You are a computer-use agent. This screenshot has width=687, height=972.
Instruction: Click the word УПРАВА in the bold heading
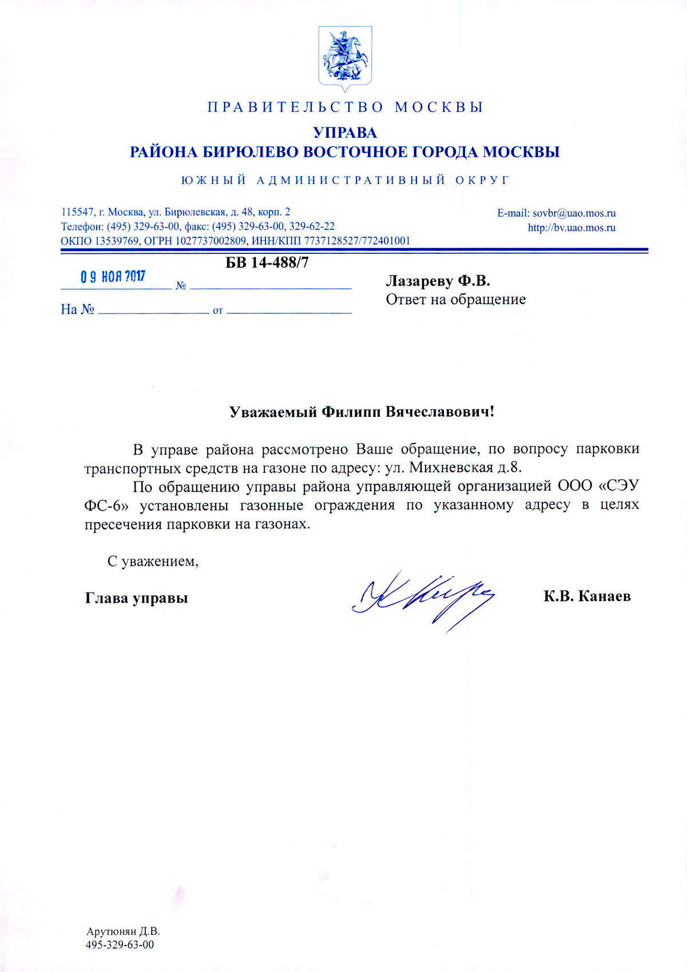point(345,133)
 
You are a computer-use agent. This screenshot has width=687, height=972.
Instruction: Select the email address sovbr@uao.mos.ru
point(574,213)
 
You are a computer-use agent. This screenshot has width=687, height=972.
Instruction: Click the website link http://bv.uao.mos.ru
point(571,228)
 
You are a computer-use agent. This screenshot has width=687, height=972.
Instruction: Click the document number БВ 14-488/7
point(267,263)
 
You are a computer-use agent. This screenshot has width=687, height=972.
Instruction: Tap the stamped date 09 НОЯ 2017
point(113,277)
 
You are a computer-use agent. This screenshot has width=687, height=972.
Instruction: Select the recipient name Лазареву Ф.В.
point(438,281)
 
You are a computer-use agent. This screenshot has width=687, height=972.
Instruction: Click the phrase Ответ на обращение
point(455,299)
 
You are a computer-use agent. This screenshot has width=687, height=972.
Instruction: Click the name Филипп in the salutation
point(351,412)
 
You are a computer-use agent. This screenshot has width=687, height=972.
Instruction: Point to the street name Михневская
point(451,468)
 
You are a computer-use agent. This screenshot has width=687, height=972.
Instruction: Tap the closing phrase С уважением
point(153,561)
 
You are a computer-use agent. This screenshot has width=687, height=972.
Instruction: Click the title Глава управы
point(136,598)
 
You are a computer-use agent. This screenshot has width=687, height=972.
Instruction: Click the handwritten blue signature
point(423,597)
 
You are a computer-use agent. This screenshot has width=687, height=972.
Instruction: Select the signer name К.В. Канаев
point(587,596)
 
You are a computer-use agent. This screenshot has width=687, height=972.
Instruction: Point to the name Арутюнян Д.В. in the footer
point(122,931)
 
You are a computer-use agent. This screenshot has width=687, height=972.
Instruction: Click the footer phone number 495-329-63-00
point(120,945)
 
